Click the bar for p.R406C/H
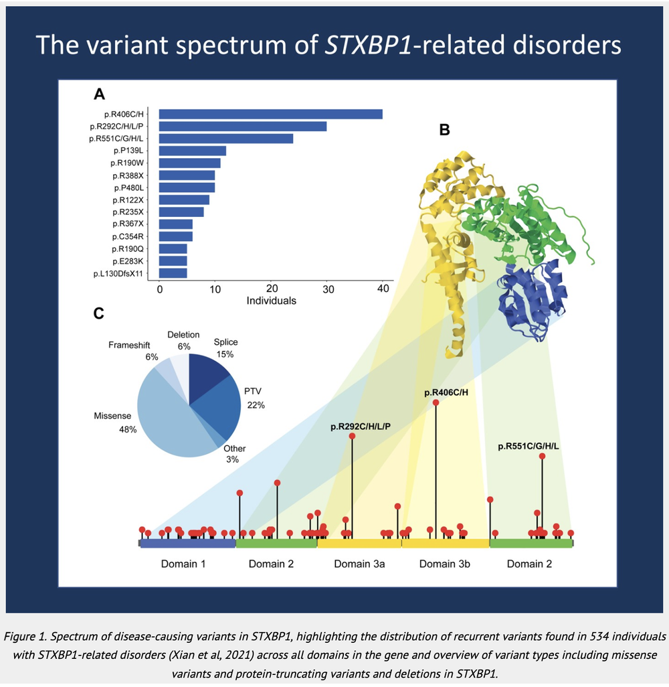pyautogui.click(x=270, y=114)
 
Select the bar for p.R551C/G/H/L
pyautogui.click(x=225, y=139)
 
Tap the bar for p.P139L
pyautogui.click(x=192, y=151)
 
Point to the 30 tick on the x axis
pyautogui.click(x=326, y=289)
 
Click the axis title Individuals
pyautogui.click(x=271, y=301)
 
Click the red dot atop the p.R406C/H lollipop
pyautogui.click(x=436, y=402)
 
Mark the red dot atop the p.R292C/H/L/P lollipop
pyautogui.click(x=352, y=436)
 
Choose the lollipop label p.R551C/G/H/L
pyautogui.click(x=529, y=446)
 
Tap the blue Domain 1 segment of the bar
pyautogui.click(x=188, y=544)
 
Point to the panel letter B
pyautogui.click(x=444, y=130)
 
